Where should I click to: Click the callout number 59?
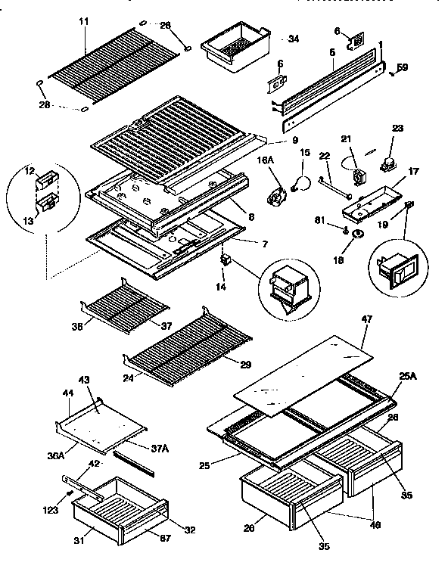click(403, 68)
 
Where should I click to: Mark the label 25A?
click(406, 376)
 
